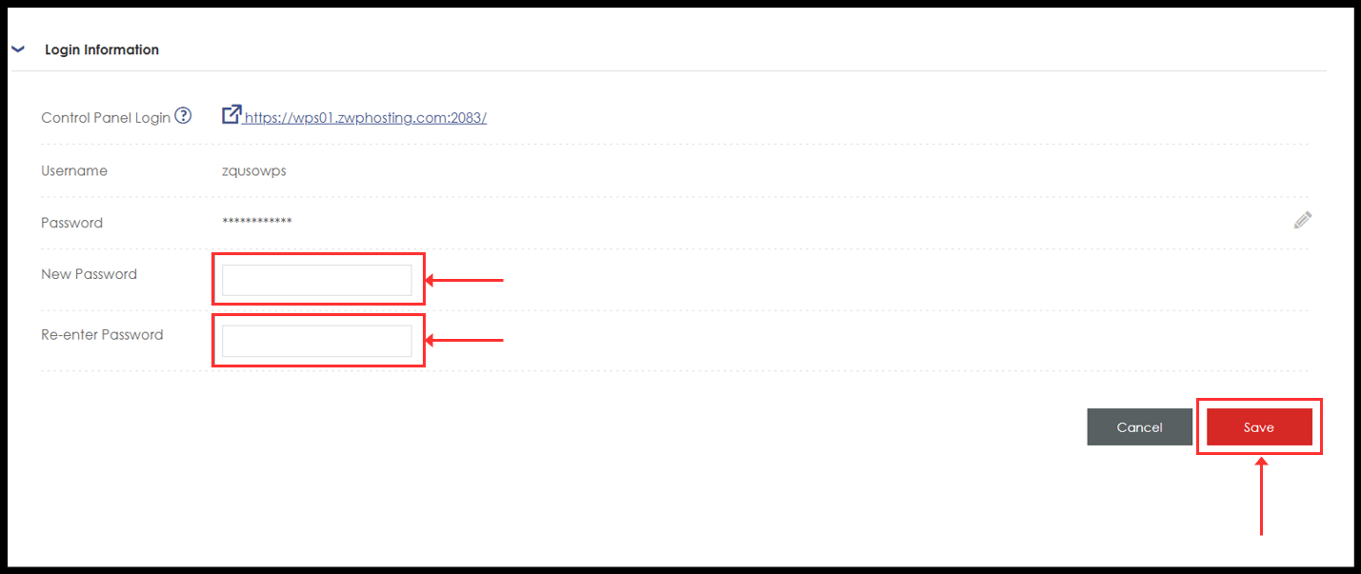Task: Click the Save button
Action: [x=1259, y=427]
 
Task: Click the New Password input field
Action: [x=316, y=280]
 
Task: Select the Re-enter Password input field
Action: [x=316, y=341]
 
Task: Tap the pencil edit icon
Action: [x=1302, y=220]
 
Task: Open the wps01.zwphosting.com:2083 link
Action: [x=365, y=118]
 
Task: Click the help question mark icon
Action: [x=183, y=116]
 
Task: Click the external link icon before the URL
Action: [x=231, y=115]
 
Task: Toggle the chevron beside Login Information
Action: [x=17, y=49]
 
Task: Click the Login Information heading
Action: [x=102, y=49]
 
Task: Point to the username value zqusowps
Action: [x=253, y=171]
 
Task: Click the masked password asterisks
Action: [x=257, y=223]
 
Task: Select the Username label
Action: [x=74, y=171]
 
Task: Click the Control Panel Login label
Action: [x=106, y=118]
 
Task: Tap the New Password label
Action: [x=89, y=274]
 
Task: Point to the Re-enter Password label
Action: [x=102, y=335]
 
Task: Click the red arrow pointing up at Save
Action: [x=1262, y=495]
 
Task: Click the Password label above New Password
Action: [x=71, y=223]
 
